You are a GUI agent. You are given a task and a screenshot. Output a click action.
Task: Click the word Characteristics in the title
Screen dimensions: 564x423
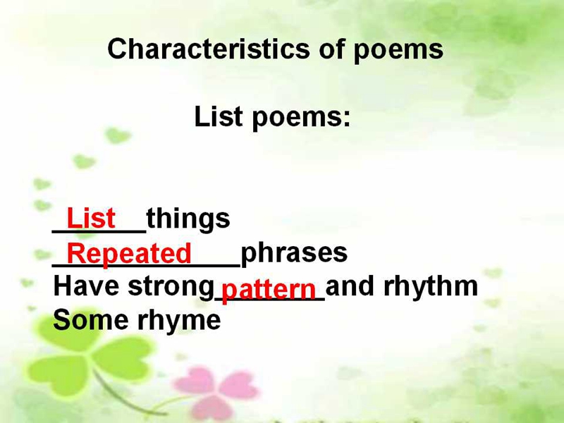[208, 49]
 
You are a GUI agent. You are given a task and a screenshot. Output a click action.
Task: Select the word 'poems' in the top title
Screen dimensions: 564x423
[398, 51]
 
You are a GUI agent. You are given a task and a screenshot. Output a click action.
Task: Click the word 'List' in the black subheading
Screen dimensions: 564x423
[218, 116]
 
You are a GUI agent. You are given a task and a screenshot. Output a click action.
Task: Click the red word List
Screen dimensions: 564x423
[91, 218]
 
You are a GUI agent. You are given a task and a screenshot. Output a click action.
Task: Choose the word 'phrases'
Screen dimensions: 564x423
[294, 254]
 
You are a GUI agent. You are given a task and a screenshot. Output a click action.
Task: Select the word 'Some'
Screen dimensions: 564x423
[91, 320]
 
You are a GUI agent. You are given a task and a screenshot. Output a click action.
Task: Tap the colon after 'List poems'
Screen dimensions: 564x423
[346, 118]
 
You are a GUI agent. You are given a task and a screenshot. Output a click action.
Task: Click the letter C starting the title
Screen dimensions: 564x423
[117, 49]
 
